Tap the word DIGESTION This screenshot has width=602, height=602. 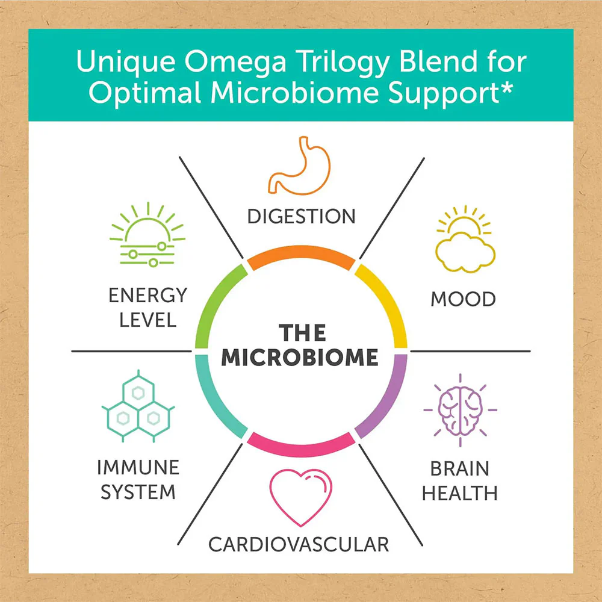click(302, 217)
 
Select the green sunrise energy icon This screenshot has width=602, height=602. click(147, 235)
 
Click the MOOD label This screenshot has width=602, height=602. click(463, 299)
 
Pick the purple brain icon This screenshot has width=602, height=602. click(460, 411)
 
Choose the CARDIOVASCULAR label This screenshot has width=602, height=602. click(299, 545)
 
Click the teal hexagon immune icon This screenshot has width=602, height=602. click(138, 406)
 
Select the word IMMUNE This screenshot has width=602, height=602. click(138, 468)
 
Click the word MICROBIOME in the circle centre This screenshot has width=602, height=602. click(300, 358)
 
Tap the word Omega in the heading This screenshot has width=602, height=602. click(235, 62)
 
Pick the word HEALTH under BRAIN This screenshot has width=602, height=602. click(459, 494)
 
